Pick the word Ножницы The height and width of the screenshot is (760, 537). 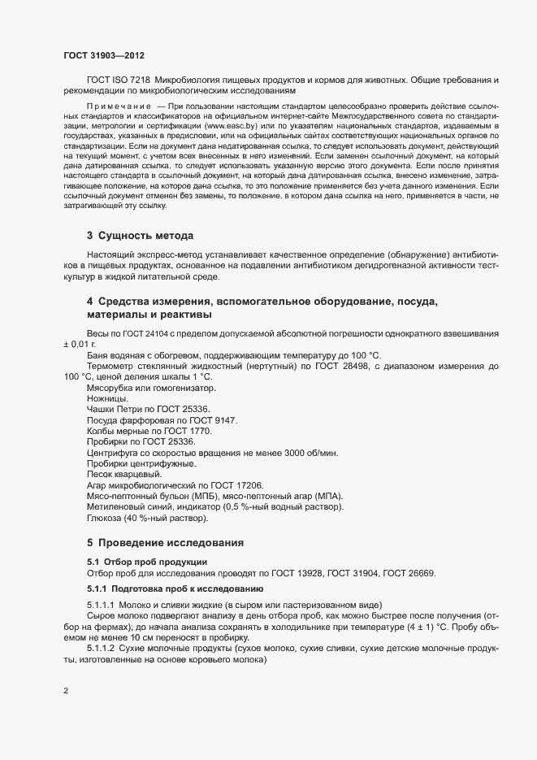[x=107, y=399]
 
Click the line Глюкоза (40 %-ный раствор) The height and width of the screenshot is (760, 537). [x=148, y=518]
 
